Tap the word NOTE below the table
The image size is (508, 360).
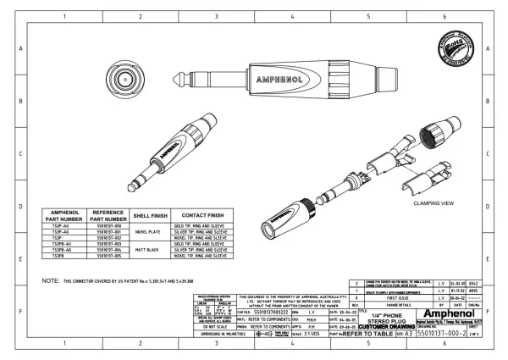[49, 280]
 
